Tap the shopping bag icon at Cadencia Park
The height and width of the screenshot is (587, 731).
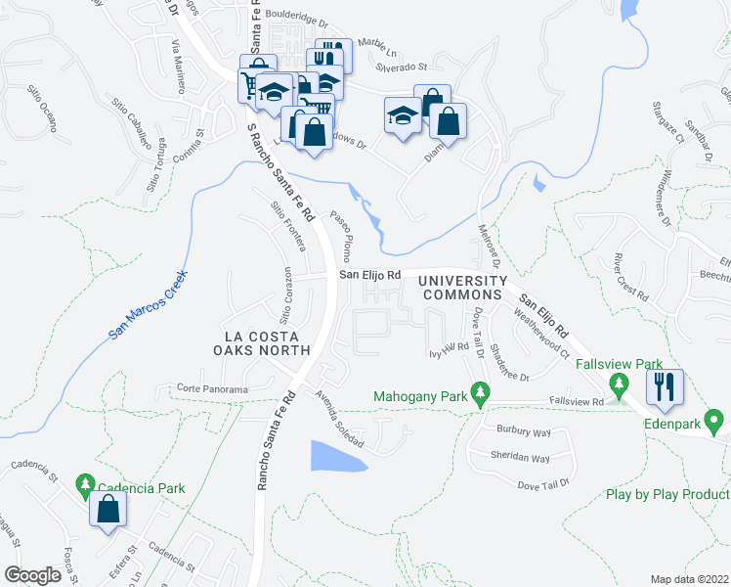click(107, 509)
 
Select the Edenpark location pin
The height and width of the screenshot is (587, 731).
click(714, 423)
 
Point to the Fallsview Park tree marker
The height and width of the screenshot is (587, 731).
click(617, 384)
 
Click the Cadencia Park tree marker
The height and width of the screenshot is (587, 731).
click(85, 483)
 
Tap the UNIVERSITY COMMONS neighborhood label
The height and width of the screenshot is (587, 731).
click(459, 288)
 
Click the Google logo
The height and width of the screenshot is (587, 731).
click(31, 575)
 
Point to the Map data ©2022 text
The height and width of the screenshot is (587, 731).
click(690, 578)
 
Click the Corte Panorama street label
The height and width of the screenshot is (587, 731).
click(212, 388)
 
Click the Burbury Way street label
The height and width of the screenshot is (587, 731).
click(524, 430)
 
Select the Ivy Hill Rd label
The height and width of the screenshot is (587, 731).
click(449, 349)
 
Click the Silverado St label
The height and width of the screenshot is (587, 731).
click(402, 68)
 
